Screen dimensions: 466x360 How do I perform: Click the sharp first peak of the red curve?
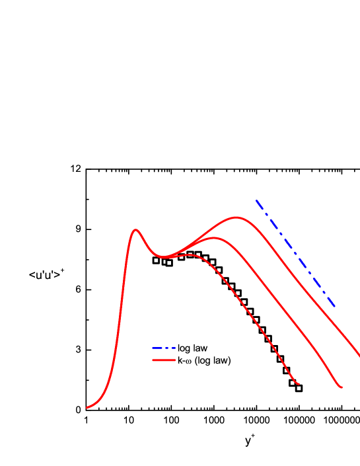click(x=136, y=230)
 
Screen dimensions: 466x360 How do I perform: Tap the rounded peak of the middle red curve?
click(x=213, y=238)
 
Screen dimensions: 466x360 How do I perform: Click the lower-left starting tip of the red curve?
click(x=87, y=408)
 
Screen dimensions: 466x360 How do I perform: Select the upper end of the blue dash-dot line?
click(x=256, y=200)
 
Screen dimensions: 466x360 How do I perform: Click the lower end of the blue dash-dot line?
click(x=336, y=307)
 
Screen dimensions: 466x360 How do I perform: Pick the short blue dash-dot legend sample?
click(x=164, y=348)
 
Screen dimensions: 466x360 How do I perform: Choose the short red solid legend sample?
click(x=164, y=360)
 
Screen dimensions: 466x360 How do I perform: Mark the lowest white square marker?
click(x=299, y=388)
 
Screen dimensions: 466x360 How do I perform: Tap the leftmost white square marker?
click(x=156, y=260)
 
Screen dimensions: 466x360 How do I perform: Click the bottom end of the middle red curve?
click(x=342, y=387)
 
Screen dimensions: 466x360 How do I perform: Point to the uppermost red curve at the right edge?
click(x=359, y=355)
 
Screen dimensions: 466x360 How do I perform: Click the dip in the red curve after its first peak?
click(x=164, y=257)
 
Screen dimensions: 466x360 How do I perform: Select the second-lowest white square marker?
click(x=293, y=383)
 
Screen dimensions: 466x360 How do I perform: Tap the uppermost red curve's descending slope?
click(x=297, y=281)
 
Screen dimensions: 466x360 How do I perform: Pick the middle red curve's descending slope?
click(x=277, y=303)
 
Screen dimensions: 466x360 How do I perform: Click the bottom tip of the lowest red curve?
click(x=299, y=384)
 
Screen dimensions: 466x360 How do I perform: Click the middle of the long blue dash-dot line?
click(x=296, y=254)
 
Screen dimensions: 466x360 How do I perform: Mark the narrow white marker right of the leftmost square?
click(x=164, y=262)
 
